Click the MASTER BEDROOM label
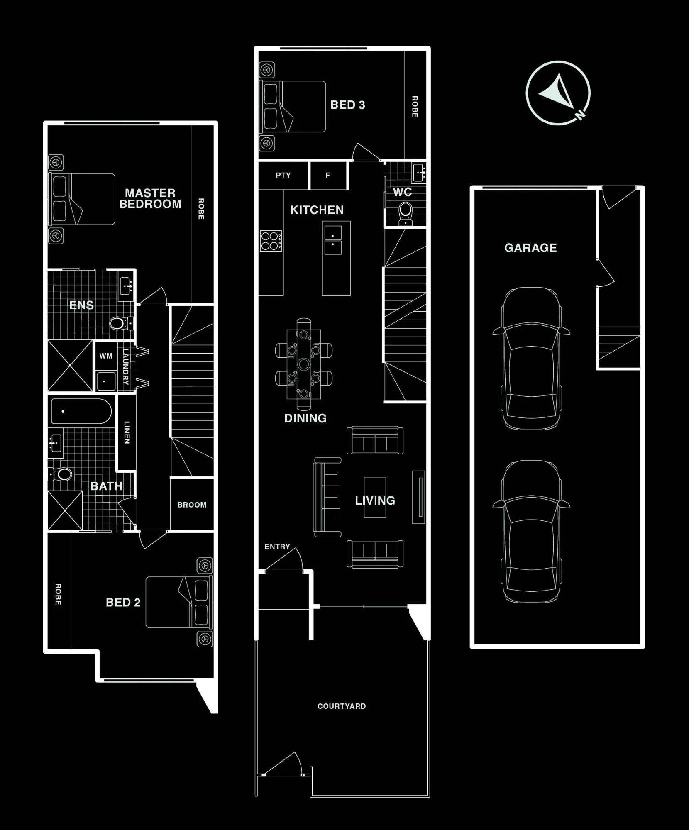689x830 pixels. [150, 198]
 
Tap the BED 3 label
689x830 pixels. [348, 105]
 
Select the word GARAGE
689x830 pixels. [530, 248]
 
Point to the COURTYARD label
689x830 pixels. [342, 706]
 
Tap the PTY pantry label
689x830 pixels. [283, 175]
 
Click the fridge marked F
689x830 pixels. [328, 175]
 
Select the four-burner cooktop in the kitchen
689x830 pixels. [271, 241]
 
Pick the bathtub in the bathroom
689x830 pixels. [81, 411]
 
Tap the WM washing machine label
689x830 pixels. [106, 356]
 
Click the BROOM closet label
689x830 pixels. [192, 505]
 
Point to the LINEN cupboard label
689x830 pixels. [127, 432]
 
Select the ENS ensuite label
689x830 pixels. [81, 305]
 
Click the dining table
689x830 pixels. [304, 364]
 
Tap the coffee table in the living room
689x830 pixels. [375, 497]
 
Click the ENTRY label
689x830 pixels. [277, 547]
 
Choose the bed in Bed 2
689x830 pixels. [179, 602]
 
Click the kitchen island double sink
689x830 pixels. [333, 240]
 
